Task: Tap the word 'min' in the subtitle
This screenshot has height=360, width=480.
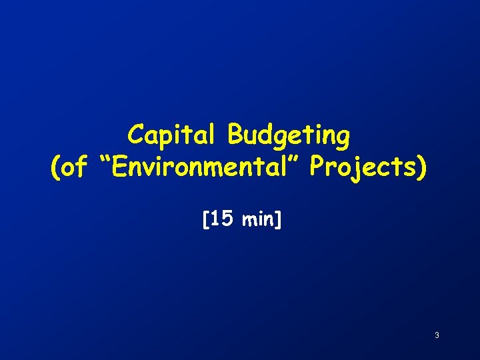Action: [x=259, y=219]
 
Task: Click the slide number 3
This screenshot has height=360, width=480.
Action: [x=437, y=335]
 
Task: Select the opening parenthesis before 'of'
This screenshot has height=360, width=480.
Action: [x=55, y=169]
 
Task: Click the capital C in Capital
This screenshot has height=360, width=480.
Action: [x=136, y=135]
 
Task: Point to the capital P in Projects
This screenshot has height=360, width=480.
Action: [x=319, y=168]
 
